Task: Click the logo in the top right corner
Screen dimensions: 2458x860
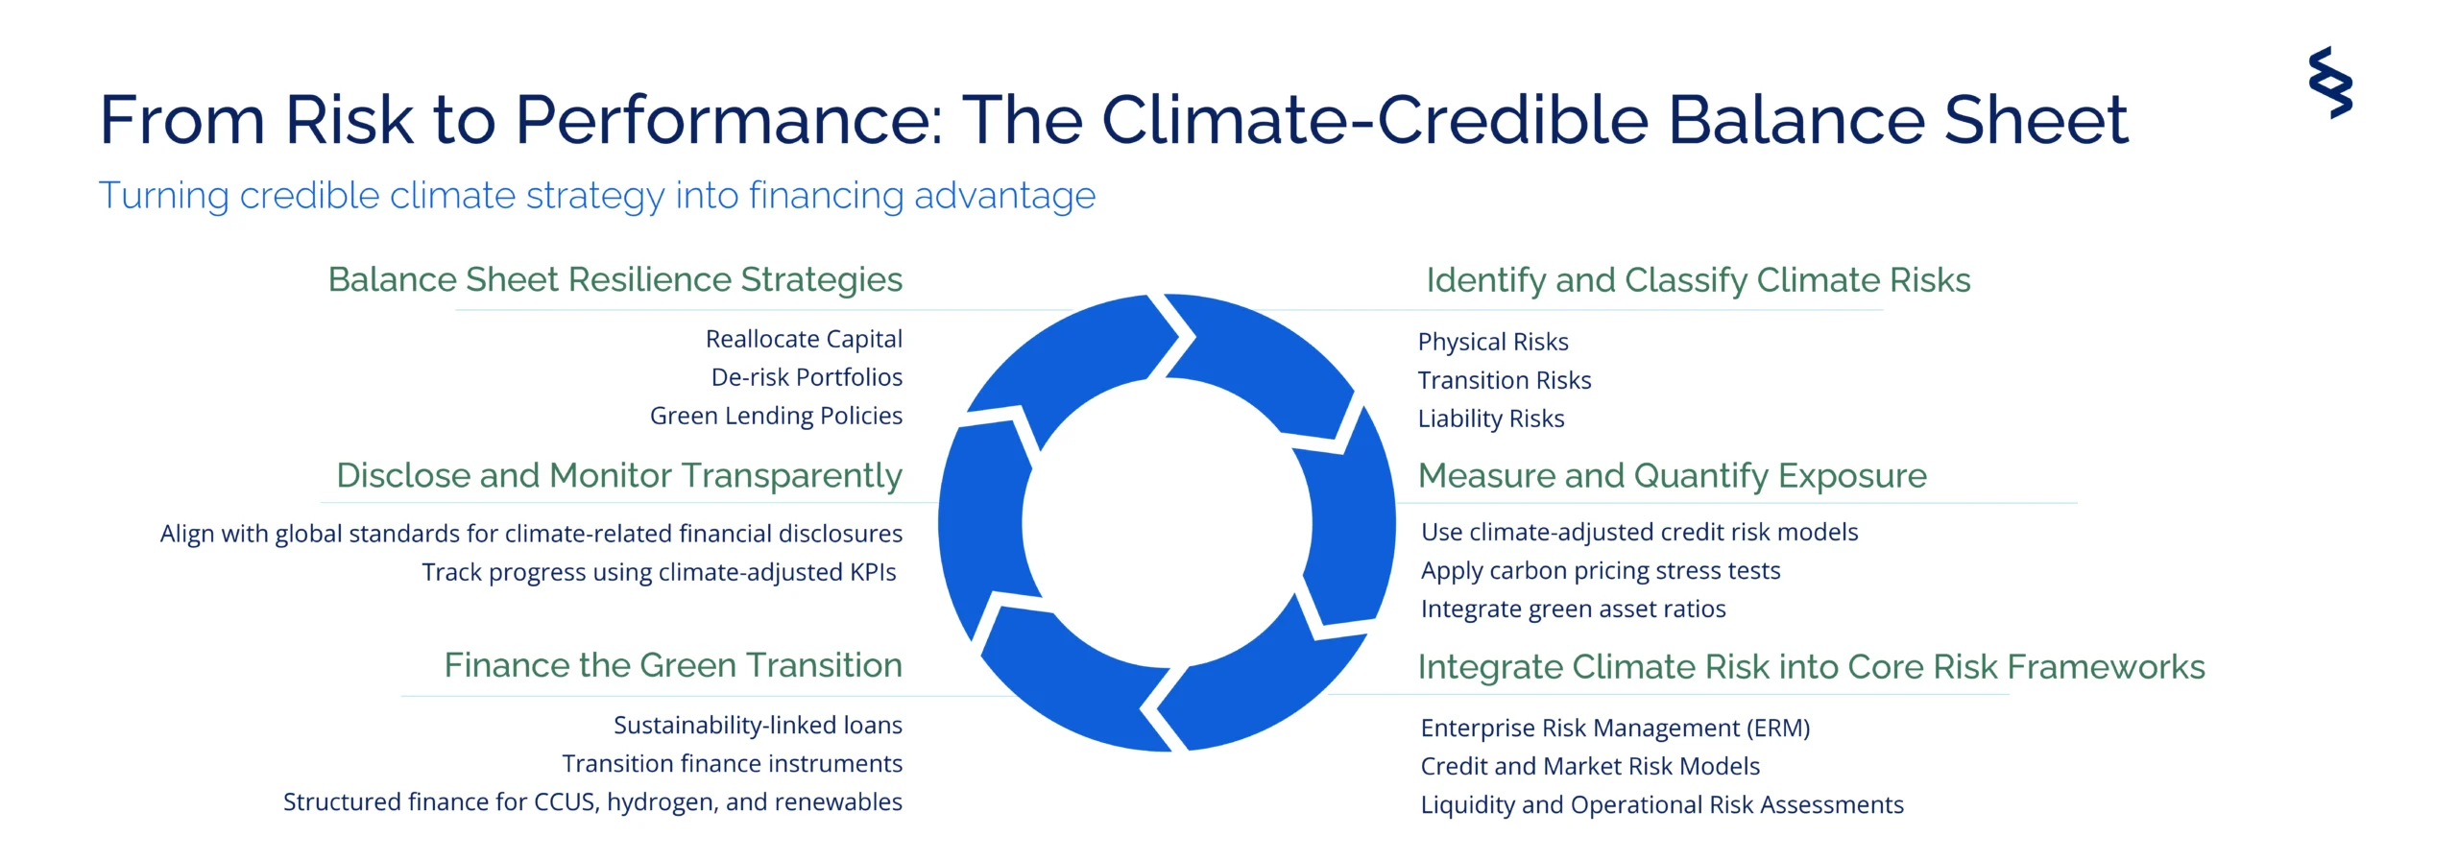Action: pyautogui.click(x=2330, y=83)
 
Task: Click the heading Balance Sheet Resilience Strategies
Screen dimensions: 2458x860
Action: pyautogui.click(x=615, y=280)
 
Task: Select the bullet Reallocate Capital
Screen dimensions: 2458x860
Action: pyautogui.click(x=804, y=340)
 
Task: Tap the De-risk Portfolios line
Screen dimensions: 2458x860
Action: pyautogui.click(x=807, y=377)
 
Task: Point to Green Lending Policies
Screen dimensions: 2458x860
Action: pyautogui.click(x=776, y=417)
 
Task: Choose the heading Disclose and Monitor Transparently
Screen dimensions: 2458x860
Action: pyautogui.click(x=619, y=476)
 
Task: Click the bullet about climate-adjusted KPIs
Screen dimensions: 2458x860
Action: pyautogui.click(x=659, y=573)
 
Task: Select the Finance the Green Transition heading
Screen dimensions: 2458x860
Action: pyautogui.click(x=673, y=665)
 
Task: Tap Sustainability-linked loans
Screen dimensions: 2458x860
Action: pyautogui.click(x=758, y=726)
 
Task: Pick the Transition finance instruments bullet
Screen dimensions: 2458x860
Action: pyautogui.click(x=732, y=764)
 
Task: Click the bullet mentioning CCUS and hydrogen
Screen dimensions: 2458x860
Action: pyautogui.click(x=592, y=802)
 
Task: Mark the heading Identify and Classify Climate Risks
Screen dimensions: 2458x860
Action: pyautogui.click(x=1698, y=280)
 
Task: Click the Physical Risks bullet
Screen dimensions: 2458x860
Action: pyautogui.click(x=1493, y=343)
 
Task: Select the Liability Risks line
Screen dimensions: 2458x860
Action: pyautogui.click(x=1491, y=419)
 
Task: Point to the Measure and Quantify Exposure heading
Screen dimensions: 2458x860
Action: pyautogui.click(x=1672, y=476)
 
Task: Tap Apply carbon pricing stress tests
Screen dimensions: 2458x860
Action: pyautogui.click(x=1601, y=571)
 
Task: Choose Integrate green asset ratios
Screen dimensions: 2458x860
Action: pyautogui.click(x=1573, y=609)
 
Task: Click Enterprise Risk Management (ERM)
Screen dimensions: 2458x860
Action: pyautogui.click(x=1615, y=729)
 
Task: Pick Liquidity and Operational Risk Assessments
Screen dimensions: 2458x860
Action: pyautogui.click(x=1662, y=805)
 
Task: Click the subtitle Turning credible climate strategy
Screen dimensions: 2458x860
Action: pyautogui.click(x=596, y=196)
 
